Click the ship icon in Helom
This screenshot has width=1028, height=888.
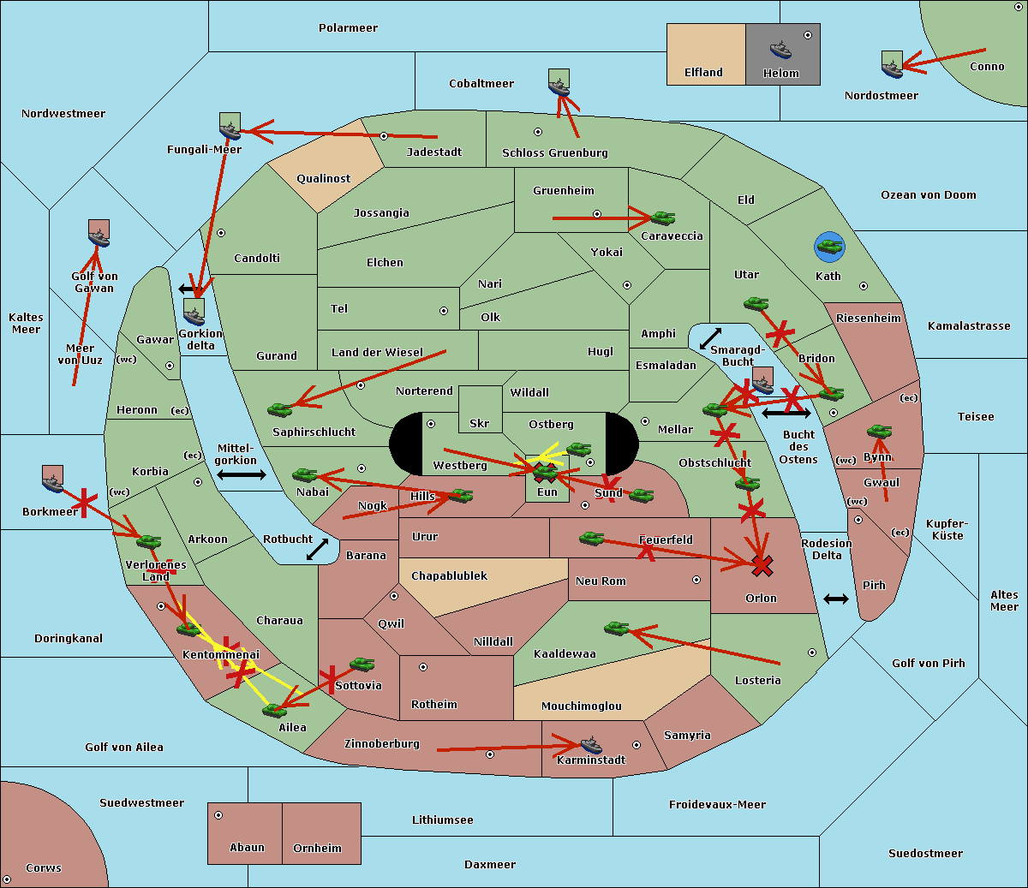[x=780, y=49]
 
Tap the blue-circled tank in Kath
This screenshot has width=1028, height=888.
[x=829, y=247]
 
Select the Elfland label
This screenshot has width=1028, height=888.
[x=703, y=73]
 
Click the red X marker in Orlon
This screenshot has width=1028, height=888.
[x=762, y=566]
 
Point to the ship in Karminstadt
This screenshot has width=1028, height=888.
[x=591, y=744]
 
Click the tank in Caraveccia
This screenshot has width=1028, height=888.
[x=662, y=218]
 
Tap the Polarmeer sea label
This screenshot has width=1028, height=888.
[x=348, y=28]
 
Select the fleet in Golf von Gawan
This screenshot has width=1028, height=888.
[x=99, y=233]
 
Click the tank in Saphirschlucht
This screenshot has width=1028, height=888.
[x=279, y=409]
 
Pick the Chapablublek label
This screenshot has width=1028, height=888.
[x=449, y=575]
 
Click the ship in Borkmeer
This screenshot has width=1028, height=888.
[x=53, y=479]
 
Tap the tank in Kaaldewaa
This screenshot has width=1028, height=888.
[x=616, y=628]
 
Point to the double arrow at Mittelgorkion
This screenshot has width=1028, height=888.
[x=242, y=474]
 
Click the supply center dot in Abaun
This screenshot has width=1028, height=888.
[x=218, y=815]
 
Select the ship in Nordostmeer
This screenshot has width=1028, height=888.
[x=893, y=64]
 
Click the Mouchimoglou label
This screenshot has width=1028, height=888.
[x=582, y=706]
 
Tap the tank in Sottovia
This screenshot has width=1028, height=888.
[x=362, y=664]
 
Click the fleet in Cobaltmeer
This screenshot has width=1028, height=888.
[x=559, y=82]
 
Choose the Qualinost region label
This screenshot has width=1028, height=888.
[x=323, y=178]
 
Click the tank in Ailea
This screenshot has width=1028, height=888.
[x=274, y=710]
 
